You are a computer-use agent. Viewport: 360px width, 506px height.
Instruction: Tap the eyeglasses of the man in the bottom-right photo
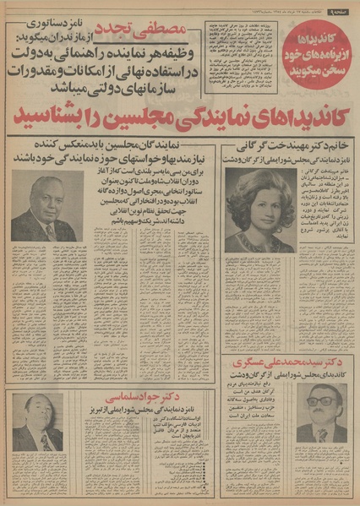pyautogui.click(x=319, y=401)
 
